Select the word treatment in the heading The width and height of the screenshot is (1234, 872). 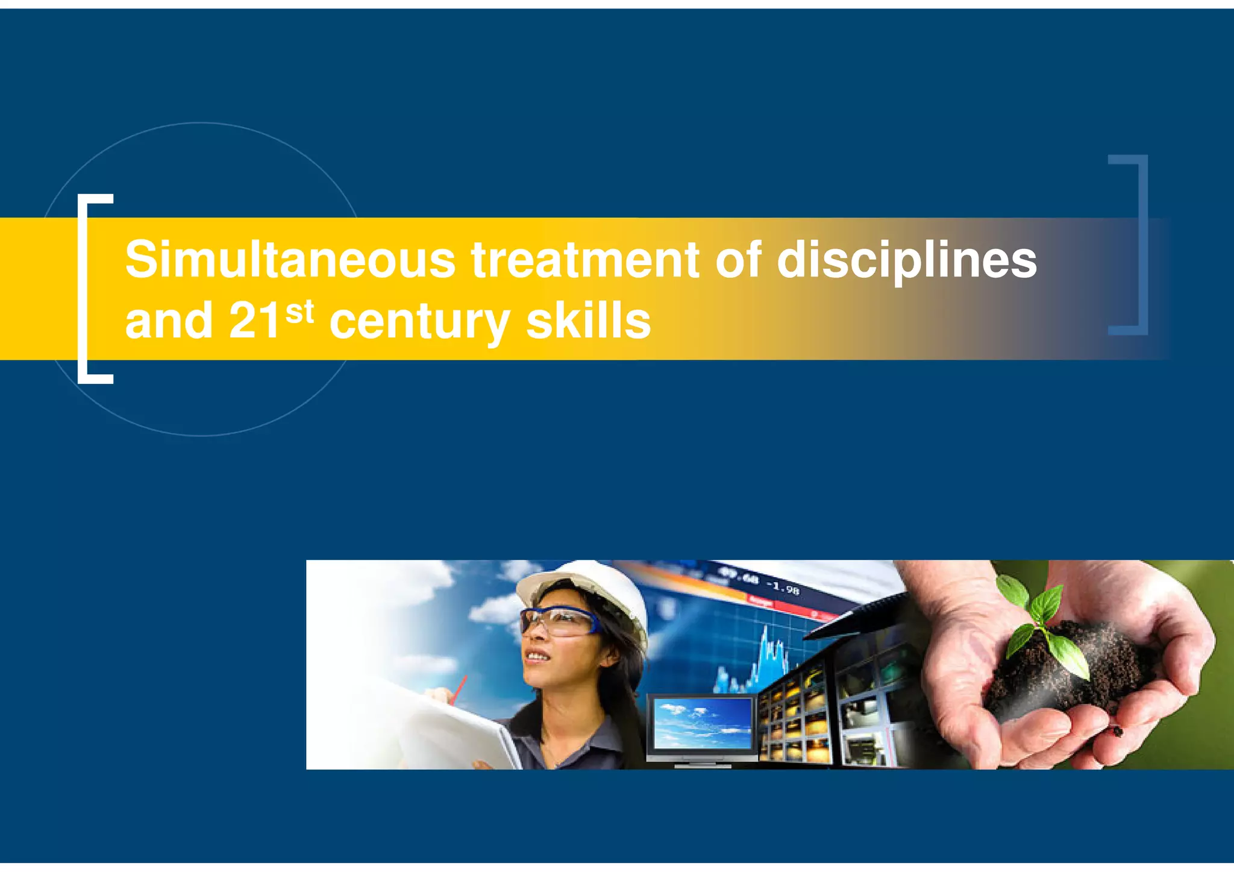click(x=585, y=260)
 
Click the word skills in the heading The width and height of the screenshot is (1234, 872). click(x=589, y=321)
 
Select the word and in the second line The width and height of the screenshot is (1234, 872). click(x=169, y=321)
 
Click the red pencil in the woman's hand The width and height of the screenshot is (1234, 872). click(x=459, y=690)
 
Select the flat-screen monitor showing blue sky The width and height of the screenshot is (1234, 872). click(x=703, y=726)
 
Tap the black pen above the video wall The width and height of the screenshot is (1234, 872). click(x=856, y=615)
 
